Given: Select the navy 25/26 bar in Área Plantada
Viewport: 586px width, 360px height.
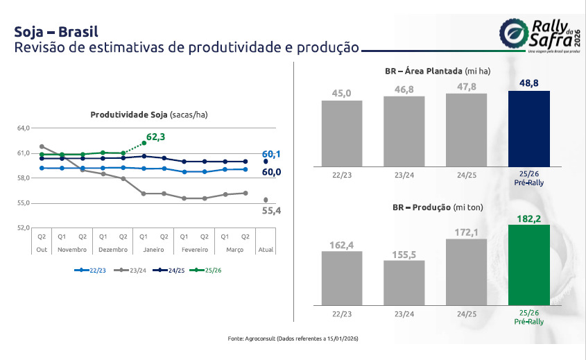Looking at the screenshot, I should [x=528, y=128].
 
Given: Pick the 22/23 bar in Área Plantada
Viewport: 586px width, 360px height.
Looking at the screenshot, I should [x=342, y=132].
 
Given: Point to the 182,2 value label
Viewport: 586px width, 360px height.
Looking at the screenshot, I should [x=529, y=218].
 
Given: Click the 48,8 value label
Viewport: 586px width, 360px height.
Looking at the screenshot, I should [x=529, y=84].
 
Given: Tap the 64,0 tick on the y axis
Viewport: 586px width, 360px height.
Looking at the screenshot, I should [x=23, y=128].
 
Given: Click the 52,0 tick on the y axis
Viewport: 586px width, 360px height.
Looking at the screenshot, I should [x=23, y=228].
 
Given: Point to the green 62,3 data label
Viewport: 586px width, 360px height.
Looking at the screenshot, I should [x=155, y=137].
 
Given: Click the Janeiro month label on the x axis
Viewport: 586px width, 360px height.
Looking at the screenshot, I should [x=154, y=249].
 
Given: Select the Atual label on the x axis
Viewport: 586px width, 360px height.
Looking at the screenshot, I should [x=266, y=249].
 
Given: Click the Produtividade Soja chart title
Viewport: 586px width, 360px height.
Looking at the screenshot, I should [x=149, y=114].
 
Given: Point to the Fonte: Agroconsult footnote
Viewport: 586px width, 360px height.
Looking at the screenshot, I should [x=293, y=338].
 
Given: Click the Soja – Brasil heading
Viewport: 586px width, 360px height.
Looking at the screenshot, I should [x=56, y=32].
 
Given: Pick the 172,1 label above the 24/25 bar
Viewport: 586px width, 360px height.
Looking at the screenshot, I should [x=467, y=230].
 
